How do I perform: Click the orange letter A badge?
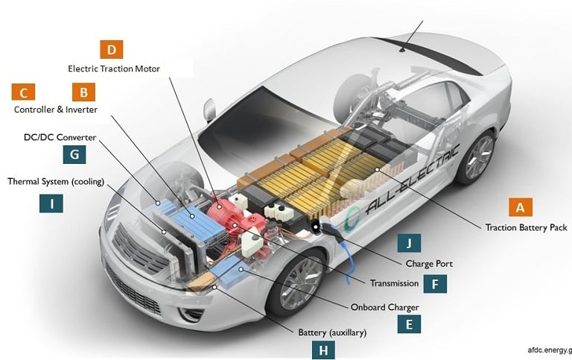click(521, 206)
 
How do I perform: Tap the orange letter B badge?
click(83, 92)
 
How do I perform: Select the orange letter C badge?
click(23, 92)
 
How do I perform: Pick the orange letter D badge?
click(111, 50)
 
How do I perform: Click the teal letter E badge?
click(409, 323)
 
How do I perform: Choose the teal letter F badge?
click(435, 283)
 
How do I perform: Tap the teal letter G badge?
click(74, 154)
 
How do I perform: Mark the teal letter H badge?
click(323, 350)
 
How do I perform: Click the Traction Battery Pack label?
click(526, 227)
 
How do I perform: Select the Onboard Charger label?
click(384, 306)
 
